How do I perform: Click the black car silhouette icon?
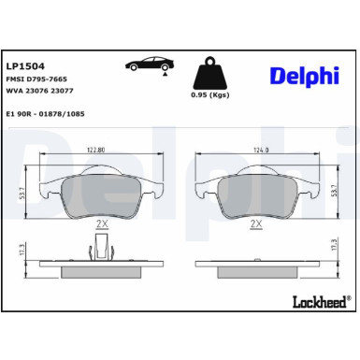tap(149, 65)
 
